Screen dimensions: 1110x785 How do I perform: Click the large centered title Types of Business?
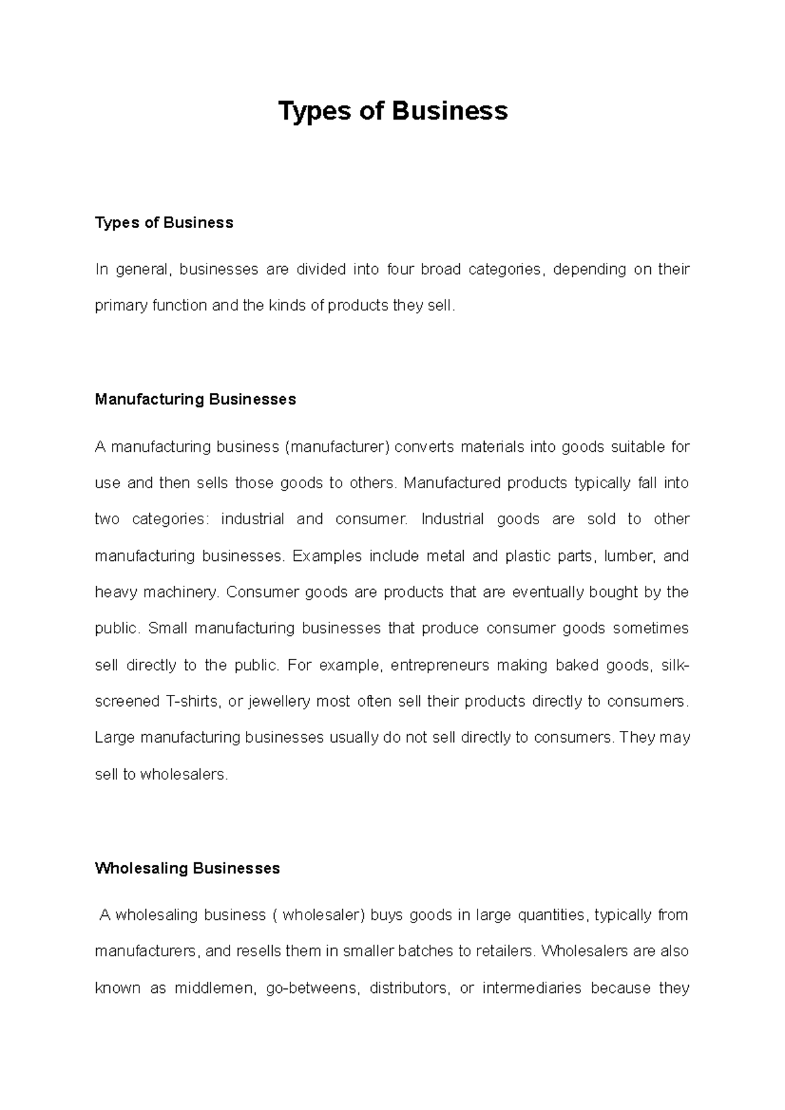tap(392, 111)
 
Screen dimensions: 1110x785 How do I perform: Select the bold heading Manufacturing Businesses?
tap(195, 399)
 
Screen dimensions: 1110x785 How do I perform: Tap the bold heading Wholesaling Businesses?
tap(187, 868)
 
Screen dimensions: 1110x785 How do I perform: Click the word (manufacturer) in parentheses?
tap(337, 447)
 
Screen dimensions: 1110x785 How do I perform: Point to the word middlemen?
tap(214, 988)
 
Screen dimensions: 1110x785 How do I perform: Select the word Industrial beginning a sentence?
tap(453, 520)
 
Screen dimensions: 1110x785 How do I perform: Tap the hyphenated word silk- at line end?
tap(675, 665)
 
